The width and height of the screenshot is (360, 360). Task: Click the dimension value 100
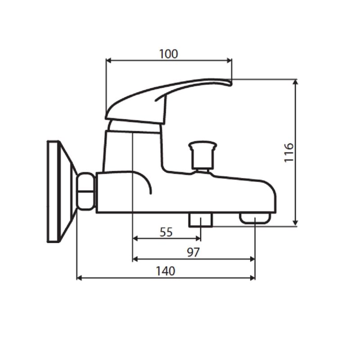[168, 54]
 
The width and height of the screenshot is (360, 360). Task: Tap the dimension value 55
[166, 232]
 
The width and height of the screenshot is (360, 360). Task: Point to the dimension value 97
[193, 252]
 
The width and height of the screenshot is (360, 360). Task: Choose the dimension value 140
[165, 271]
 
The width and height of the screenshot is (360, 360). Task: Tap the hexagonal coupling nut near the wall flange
[86, 191]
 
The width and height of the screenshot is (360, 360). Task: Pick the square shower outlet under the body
[201, 220]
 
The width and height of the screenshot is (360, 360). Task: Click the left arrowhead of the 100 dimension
[108, 60]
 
